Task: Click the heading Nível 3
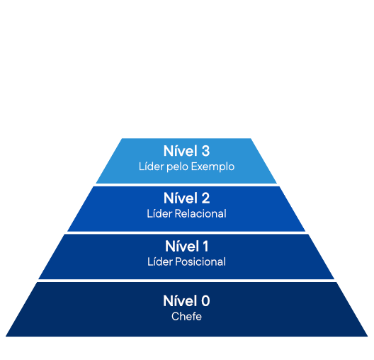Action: click(186, 151)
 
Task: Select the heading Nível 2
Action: click(186, 198)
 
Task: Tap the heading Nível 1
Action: click(186, 246)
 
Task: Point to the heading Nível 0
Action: click(186, 300)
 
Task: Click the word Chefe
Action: click(186, 317)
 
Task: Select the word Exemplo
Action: click(212, 167)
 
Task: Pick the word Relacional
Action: click(200, 214)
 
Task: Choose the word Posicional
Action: click(200, 261)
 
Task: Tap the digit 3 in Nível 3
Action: click(205, 151)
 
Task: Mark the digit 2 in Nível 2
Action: click(205, 198)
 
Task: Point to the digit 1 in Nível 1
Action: click(205, 246)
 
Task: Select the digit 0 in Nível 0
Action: click(205, 301)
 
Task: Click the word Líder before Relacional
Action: click(159, 214)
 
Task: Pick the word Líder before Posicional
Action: click(160, 261)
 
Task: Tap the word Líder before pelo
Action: click(152, 167)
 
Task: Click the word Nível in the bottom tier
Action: click(181, 300)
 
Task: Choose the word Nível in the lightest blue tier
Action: click(181, 151)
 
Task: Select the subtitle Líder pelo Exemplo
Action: click(186, 167)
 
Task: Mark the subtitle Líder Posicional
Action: click(186, 261)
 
